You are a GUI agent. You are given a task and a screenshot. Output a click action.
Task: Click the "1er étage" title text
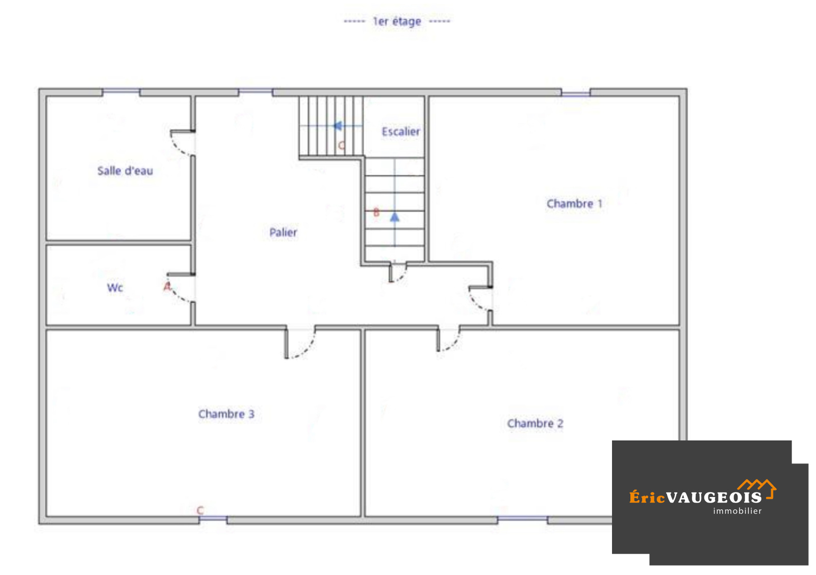point(397,21)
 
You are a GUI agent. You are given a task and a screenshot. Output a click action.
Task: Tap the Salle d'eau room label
point(125,171)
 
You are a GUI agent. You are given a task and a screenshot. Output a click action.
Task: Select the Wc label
point(115,287)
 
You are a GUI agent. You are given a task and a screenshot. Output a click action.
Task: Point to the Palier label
point(283,232)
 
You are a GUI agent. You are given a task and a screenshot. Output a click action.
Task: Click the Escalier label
point(401,132)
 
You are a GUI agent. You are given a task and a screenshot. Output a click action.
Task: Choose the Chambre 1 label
point(574,203)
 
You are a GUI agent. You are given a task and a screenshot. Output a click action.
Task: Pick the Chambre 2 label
point(535,423)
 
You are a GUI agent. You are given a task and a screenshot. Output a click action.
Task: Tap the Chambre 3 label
point(226,414)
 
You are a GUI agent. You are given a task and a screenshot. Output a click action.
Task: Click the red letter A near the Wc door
point(167,286)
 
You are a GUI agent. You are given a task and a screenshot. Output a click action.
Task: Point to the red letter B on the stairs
point(376,212)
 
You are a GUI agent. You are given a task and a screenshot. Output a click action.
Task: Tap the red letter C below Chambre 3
point(200,510)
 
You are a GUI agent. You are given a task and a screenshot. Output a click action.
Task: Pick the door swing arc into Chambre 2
point(454,345)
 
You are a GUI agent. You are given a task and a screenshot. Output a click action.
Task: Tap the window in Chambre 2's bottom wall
point(522,518)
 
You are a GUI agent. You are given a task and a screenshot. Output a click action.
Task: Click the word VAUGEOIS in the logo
point(714,498)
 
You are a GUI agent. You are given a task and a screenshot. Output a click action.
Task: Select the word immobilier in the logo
point(737,511)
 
